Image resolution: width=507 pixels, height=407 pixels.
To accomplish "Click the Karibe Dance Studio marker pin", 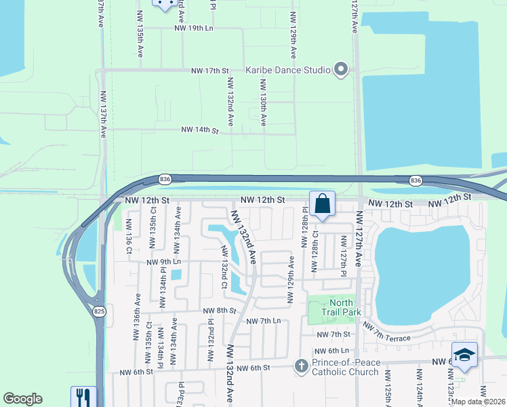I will [340, 70].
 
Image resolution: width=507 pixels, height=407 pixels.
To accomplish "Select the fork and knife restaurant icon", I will [83, 397].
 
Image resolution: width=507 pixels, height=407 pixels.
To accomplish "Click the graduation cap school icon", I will [464, 355].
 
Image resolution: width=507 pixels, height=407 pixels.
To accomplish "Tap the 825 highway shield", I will [99, 310].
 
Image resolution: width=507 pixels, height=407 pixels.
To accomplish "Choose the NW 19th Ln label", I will [194, 28].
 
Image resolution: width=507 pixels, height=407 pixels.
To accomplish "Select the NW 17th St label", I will [211, 71].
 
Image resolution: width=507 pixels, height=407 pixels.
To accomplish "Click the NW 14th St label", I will [200, 130].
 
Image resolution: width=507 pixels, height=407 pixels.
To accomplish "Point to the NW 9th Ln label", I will [164, 261].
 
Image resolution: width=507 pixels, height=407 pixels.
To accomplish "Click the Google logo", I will [23, 399].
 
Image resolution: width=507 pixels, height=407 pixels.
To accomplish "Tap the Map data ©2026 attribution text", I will [478, 402].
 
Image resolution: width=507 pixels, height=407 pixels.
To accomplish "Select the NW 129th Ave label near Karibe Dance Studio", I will [293, 34].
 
